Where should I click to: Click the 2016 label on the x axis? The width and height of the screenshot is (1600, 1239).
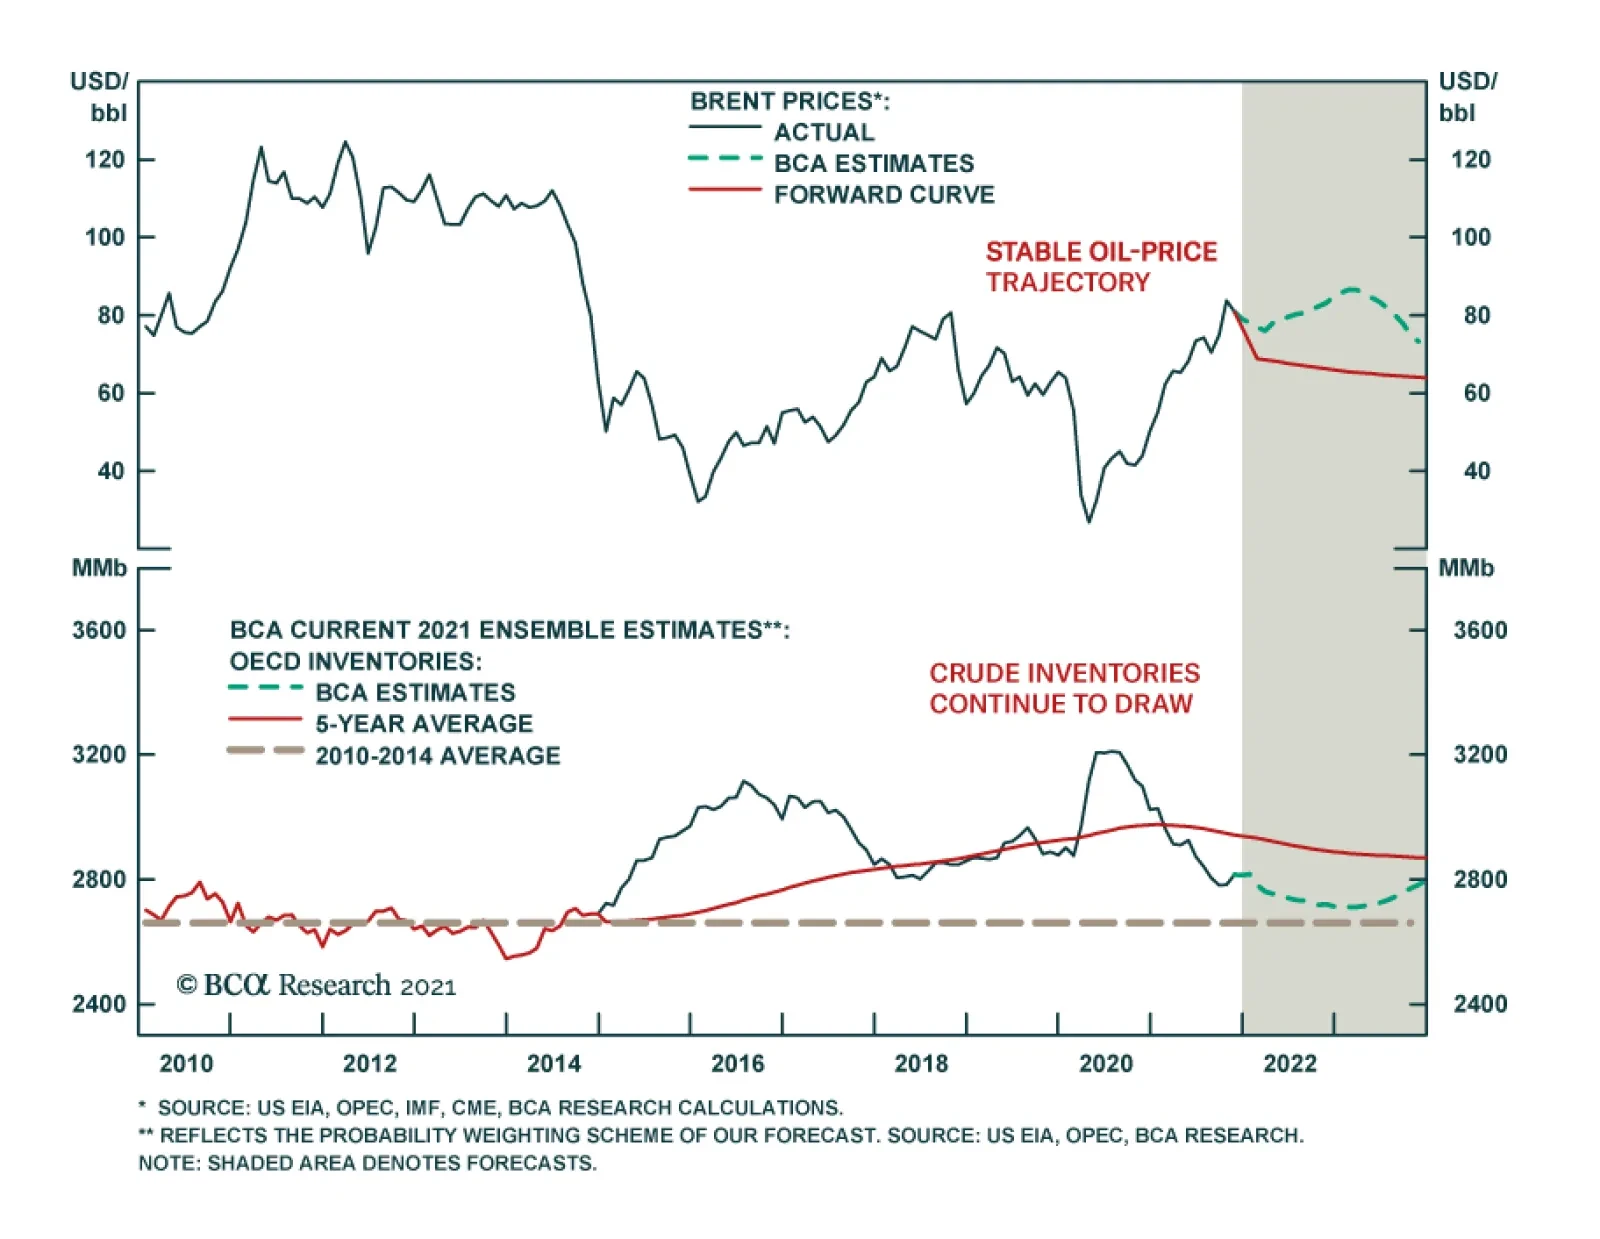pyautogui.click(x=737, y=1063)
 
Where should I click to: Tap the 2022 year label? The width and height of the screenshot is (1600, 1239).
pyautogui.click(x=1289, y=1063)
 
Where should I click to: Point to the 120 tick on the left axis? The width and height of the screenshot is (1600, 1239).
pyautogui.click(x=105, y=160)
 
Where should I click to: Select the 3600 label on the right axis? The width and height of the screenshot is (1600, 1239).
pyautogui.click(x=1480, y=630)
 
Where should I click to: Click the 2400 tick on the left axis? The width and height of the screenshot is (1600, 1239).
pyautogui.click(x=99, y=1003)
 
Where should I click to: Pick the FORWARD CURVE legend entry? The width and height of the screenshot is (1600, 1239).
pyautogui.click(x=884, y=194)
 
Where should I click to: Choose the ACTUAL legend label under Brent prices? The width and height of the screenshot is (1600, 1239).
pyautogui.click(x=824, y=132)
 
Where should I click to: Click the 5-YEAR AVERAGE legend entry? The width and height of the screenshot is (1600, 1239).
pyautogui.click(x=424, y=723)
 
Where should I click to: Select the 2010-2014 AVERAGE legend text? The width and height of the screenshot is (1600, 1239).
pyautogui.click(x=438, y=755)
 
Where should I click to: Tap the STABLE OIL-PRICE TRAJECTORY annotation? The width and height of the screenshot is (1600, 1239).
pyautogui.click(x=1101, y=266)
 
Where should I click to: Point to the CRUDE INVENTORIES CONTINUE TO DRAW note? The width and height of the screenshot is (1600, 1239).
pyautogui.click(x=1064, y=688)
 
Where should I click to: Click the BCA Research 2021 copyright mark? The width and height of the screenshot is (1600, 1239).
pyautogui.click(x=316, y=985)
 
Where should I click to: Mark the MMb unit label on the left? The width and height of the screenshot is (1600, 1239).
pyautogui.click(x=99, y=568)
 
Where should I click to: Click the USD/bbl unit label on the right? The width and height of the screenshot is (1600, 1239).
pyautogui.click(x=1466, y=96)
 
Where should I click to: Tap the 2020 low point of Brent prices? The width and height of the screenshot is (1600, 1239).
pyautogui.click(x=1089, y=521)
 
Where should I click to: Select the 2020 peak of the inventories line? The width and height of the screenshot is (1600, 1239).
pyautogui.click(x=1108, y=751)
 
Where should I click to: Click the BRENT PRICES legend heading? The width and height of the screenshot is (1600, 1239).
pyautogui.click(x=789, y=101)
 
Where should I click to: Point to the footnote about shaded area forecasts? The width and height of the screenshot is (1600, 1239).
pyautogui.click(x=367, y=1163)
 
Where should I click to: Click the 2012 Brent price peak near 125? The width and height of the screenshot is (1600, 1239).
pyautogui.click(x=345, y=142)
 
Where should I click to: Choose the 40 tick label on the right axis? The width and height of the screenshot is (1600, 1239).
pyautogui.click(x=1476, y=471)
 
